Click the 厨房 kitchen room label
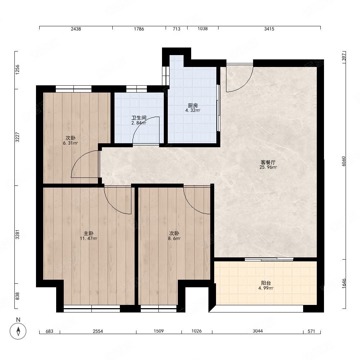(193, 105)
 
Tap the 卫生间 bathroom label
(139, 118)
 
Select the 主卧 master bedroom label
(89, 234)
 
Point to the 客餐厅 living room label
(268, 162)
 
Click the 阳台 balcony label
(266, 283)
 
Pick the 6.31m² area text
(71, 143)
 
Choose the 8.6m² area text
(174, 238)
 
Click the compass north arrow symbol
(18, 331)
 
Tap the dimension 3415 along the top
(269, 29)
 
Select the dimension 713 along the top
(176, 29)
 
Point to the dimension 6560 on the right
(344, 161)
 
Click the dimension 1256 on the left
(17, 70)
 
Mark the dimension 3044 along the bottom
(258, 331)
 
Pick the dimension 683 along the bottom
(49, 331)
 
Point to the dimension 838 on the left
(17, 296)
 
